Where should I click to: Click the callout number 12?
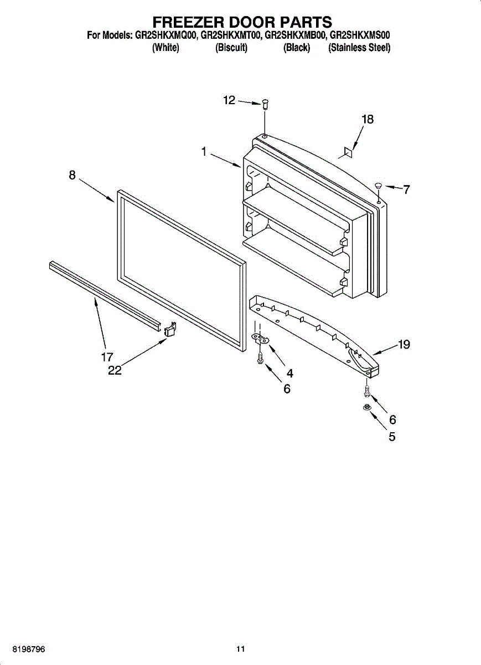229,100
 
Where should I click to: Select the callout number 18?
368,119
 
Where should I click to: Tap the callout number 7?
406,190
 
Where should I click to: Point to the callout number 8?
73,175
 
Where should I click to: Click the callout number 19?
404,345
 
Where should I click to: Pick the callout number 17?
107,357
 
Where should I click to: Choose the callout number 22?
115,371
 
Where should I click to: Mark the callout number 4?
289,374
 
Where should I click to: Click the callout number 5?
392,437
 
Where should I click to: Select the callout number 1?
204,151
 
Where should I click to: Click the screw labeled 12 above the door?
265,103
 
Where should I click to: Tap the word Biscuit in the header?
231,48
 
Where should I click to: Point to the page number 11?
240,649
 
